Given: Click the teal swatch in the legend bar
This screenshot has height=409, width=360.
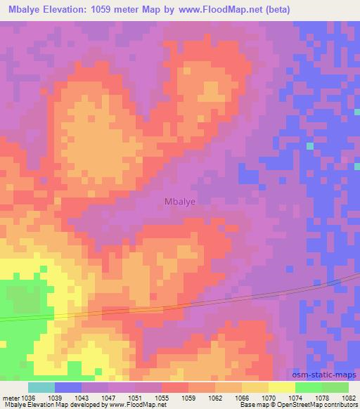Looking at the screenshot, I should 41,387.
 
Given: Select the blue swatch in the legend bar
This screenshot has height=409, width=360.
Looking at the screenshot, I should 68,387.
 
